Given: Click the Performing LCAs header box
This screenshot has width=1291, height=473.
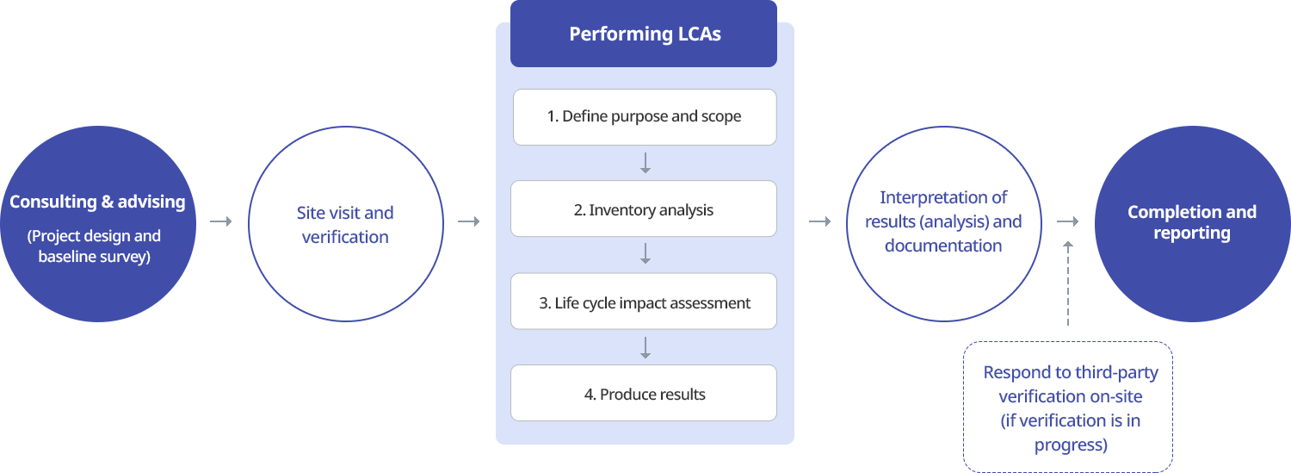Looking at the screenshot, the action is click(x=643, y=34).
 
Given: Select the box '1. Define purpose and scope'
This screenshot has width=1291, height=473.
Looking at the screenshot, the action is click(x=645, y=116).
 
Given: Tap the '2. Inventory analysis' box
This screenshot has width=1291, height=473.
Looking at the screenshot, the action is click(x=643, y=208).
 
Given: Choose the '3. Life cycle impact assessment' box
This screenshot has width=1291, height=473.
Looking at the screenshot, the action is click(x=643, y=301).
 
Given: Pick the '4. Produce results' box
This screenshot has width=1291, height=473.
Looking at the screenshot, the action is click(x=643, y=393).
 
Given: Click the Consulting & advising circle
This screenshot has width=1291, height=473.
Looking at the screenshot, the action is click(x=98, y=224).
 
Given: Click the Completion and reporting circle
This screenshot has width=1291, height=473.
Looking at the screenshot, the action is click(x=1192, y=224).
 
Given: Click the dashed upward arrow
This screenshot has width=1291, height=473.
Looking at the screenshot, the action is click(x=1068, y=283).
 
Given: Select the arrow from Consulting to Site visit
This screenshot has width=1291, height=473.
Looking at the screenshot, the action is click(x=220, y=221).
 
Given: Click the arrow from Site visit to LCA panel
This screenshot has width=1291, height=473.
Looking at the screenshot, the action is click(x=468, y=221).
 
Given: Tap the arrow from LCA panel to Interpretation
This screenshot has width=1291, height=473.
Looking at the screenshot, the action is click(x=819, y=221).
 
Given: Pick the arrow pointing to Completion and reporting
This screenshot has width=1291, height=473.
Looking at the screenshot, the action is click(x=1067, y=221).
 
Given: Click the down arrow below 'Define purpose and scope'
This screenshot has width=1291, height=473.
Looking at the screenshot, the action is click(x=645, y=163).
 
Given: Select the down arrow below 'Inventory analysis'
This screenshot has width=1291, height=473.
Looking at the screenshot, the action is click(x=645, y=254).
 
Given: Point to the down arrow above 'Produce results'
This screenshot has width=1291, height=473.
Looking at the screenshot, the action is click(x=645, y=348).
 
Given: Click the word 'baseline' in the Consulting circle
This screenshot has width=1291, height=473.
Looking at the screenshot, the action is click(x=63, y=256).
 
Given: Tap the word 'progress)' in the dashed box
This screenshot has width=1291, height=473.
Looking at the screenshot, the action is click(x=1071, y=445).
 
